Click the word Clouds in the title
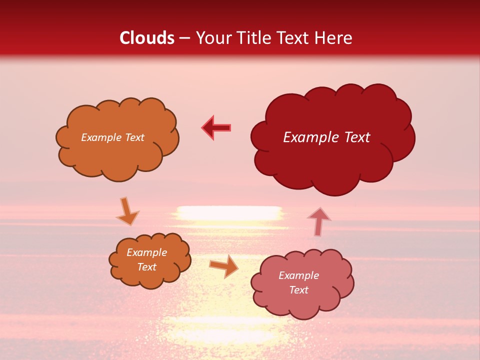pyautogui.click(x=147, y=38)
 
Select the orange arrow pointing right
pyautogui.click(x=223, y=265)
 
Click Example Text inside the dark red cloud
pyautogui.click(x=326, y=137)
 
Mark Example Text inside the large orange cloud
pyautogui.click(x=112, y=137)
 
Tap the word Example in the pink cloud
pyautogui.click(x=298, y=275)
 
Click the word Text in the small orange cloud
pyautogui.click(x=147, y=267)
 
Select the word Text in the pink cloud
pyautogui.click(x=299, y=290)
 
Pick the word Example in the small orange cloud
pyautogui.click(x=147, y=252)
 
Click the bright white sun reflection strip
pyautogui.click(x=229, y=212)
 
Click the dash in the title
pyautogui.click(x=184, y=38)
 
